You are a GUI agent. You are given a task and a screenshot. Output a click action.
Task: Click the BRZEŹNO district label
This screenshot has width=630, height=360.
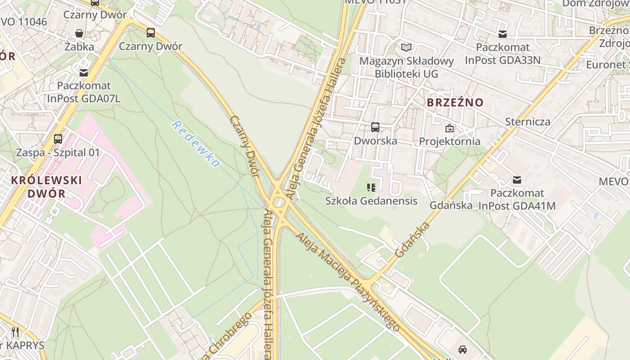pyautogui.click(x=455, y=102)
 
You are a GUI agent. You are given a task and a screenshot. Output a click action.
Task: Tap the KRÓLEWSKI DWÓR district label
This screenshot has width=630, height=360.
pyautogui.click(x=46, y=187)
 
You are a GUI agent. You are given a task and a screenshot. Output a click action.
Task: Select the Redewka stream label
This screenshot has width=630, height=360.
pyautogui.click(x=196, y=144)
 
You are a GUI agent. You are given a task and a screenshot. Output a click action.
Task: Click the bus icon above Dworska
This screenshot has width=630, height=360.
pyautogui.click(x=375, y=127)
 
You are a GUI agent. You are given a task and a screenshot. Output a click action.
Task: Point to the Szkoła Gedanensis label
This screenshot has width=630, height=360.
pyautogui.click(x=371, y=201)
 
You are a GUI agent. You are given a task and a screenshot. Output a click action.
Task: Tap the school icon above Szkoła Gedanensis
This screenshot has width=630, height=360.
pyautogui.click(x=371, y=188)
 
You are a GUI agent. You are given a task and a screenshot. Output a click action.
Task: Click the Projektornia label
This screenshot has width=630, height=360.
pyautogui.click(x=450, y=141)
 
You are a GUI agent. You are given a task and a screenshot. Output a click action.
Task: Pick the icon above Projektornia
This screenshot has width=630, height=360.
pyautogui.click(x=449, y=128)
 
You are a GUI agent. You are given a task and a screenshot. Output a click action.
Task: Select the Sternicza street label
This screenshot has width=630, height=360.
pyautogui.click(x=527, y=121)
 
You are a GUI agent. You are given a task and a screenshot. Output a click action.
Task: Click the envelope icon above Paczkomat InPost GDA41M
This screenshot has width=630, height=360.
pyautogui.click(x=517, y=180)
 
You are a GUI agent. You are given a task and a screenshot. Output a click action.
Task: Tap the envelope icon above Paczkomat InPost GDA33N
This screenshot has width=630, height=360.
pyautogui.click(x=503, y=34)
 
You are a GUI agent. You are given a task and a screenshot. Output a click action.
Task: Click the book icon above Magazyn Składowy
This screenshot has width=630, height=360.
pyautogui.click(x=406, y=47)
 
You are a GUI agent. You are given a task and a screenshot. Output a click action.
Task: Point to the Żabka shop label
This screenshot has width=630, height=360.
pyautogui.click(x=79, y=46)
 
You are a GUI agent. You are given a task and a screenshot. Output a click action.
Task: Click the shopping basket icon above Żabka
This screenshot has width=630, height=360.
pyautogui.click(x=79, y=33)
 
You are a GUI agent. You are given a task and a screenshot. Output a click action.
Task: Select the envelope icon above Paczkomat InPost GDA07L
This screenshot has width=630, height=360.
pyautogui.click(x=84, y=72)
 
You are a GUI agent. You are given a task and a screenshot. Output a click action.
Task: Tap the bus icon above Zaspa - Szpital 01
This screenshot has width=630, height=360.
pyautogui.click(x=58, y=139)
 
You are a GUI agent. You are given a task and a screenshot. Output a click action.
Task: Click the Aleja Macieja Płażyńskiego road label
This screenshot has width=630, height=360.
pyautogui.click(x=348, y=283)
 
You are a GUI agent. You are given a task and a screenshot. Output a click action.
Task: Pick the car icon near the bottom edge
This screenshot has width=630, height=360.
pyautogui.click(x=462, y=350)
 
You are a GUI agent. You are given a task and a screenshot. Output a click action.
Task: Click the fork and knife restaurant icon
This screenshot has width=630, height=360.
pyautogui.click(x=16, y=333)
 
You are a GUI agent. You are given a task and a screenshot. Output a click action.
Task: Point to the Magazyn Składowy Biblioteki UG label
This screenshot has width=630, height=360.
pyautogui.click(x=406, y=67)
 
